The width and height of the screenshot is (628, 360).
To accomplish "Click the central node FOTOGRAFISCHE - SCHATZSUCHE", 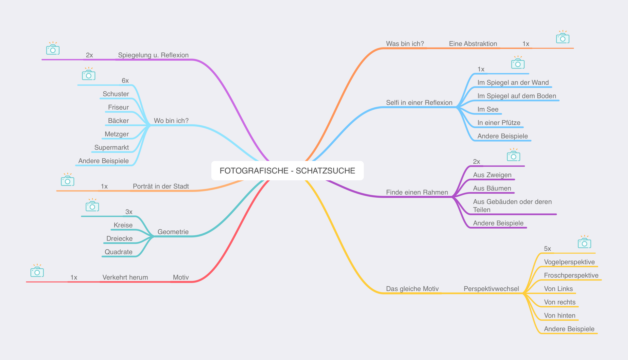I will tap(287, 171).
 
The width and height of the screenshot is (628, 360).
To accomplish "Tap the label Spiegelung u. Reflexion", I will tap(153, 55).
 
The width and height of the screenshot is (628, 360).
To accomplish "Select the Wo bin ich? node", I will tap(171, 121).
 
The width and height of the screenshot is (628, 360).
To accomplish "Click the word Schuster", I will tap(116, 94).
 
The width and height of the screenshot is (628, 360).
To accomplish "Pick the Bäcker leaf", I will tap(118, 121).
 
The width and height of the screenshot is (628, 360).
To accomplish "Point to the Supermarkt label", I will tap(112, 148).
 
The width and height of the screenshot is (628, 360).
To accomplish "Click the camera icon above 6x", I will tap(89, 75).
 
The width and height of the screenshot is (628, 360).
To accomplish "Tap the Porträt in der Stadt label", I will tap(161, 186).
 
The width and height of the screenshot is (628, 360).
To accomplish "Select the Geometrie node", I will tap(173, 232).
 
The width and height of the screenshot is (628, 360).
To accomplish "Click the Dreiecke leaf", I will tap(119, 239).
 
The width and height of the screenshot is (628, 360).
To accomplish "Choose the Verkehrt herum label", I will tap(125, 277).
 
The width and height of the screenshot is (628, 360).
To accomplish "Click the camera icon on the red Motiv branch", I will tap(37, 271).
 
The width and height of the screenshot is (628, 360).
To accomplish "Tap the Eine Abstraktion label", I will tap(473, 44).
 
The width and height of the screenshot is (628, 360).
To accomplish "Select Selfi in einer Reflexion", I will tap(419, 102).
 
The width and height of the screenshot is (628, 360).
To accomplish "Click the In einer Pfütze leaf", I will tap(499, 123).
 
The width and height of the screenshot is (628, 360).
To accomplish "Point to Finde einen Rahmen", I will tap(417, 192).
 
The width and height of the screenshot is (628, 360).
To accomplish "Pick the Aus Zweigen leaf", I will tap(492, 175).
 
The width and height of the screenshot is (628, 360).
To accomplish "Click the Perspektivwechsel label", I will tap(491, 289).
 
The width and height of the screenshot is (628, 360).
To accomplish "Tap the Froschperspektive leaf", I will tap(571, 275).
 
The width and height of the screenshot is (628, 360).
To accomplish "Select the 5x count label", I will tap(547, 249).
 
